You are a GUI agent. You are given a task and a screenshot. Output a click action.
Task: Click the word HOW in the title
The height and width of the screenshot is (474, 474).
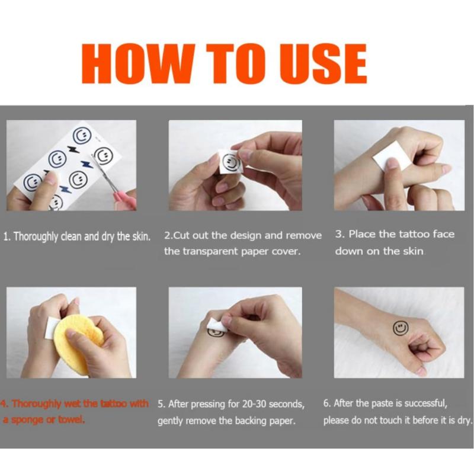[x=137, y=63]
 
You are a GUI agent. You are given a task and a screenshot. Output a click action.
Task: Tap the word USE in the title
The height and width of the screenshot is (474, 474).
[x=324, y=63]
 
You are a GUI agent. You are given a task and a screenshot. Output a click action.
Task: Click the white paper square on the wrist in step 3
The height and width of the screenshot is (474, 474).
[x=390, y=156]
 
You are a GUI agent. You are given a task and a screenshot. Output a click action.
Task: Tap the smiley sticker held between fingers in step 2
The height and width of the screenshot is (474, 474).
[x=230, y=162]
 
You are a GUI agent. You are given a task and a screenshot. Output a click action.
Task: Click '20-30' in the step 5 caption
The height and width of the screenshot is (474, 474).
[x=255, y=404]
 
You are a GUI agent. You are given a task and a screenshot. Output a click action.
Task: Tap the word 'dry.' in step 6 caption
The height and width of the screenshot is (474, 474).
[x=465, y=420]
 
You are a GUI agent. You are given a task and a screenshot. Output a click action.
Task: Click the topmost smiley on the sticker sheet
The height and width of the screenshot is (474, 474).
[x=82, y=135]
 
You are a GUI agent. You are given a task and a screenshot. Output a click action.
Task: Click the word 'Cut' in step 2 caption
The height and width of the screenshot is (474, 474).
[x=182, y=235]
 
